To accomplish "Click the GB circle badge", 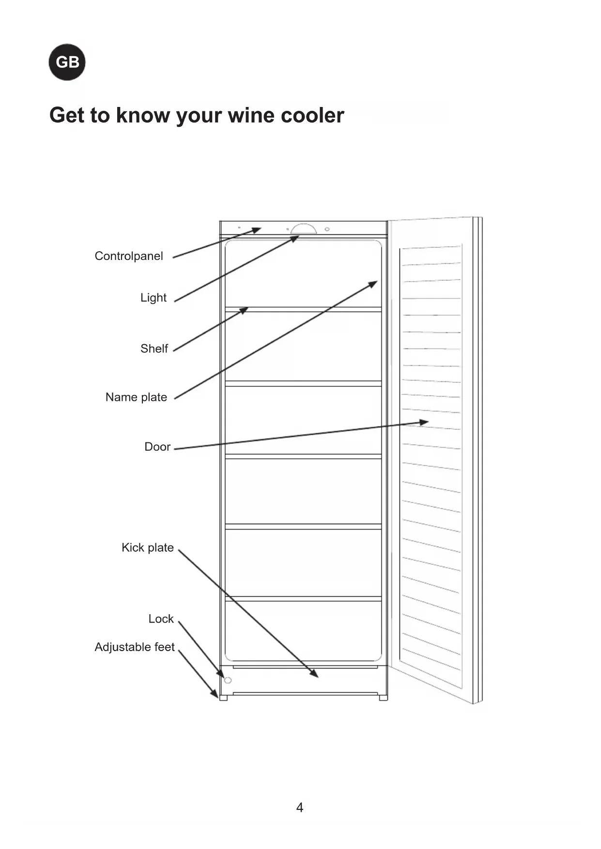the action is click(67, 62).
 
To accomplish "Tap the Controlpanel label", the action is click(129, 256).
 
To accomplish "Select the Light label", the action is click(154, 298).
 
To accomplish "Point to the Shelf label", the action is click(154, 349).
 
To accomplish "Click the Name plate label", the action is click(136, 397).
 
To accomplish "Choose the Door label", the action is click(157, 447).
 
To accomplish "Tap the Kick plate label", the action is click(148, 547).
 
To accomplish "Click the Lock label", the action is click(161, 619).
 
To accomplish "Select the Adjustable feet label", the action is click(135, 647).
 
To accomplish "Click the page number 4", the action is click(300, 807).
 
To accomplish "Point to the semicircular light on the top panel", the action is click(304, 229).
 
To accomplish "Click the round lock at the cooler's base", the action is click(228, 680).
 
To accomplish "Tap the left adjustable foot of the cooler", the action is click(223, 697).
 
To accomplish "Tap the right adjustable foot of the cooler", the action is click(383, 697).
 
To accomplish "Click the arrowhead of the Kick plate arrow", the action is click(315, 674).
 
